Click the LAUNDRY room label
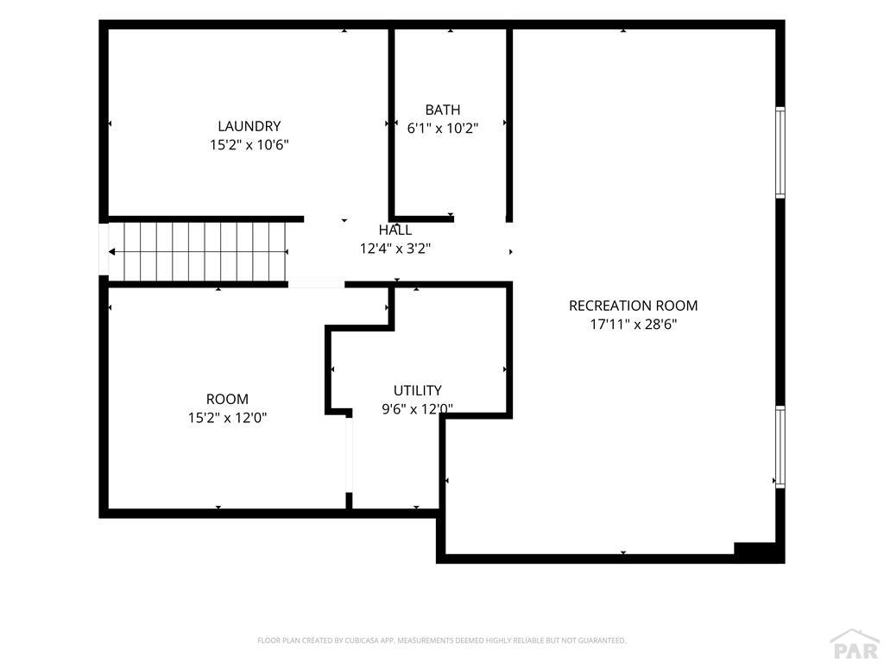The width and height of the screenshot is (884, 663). (x=249, y=126)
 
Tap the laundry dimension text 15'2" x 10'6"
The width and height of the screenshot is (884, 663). (x=249, y=145)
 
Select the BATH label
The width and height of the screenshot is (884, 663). (x=443, y=110)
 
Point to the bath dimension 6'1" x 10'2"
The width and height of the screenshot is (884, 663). (x=443, y=128)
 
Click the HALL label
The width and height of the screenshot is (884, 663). (x=395, y=230)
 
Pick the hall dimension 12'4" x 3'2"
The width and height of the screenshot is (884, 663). (x=395, y=249)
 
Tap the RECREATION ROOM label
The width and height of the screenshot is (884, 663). (x=633, y=306)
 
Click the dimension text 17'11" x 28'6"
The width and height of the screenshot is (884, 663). (x=633, y=325)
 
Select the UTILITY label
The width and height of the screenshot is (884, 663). (x=417, y=390)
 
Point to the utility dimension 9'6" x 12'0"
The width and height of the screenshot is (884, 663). (x=417, y=408)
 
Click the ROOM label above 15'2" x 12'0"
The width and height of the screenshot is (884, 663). (x=227, y=399)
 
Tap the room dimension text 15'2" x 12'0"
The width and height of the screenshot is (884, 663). (x=227, y=418)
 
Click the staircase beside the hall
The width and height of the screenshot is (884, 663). (x=198, y=251)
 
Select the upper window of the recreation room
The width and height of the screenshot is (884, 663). (x=780, y=152)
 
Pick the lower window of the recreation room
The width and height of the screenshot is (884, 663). (x=780, y=447)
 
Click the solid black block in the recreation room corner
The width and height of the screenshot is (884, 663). (x=759, y=552)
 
